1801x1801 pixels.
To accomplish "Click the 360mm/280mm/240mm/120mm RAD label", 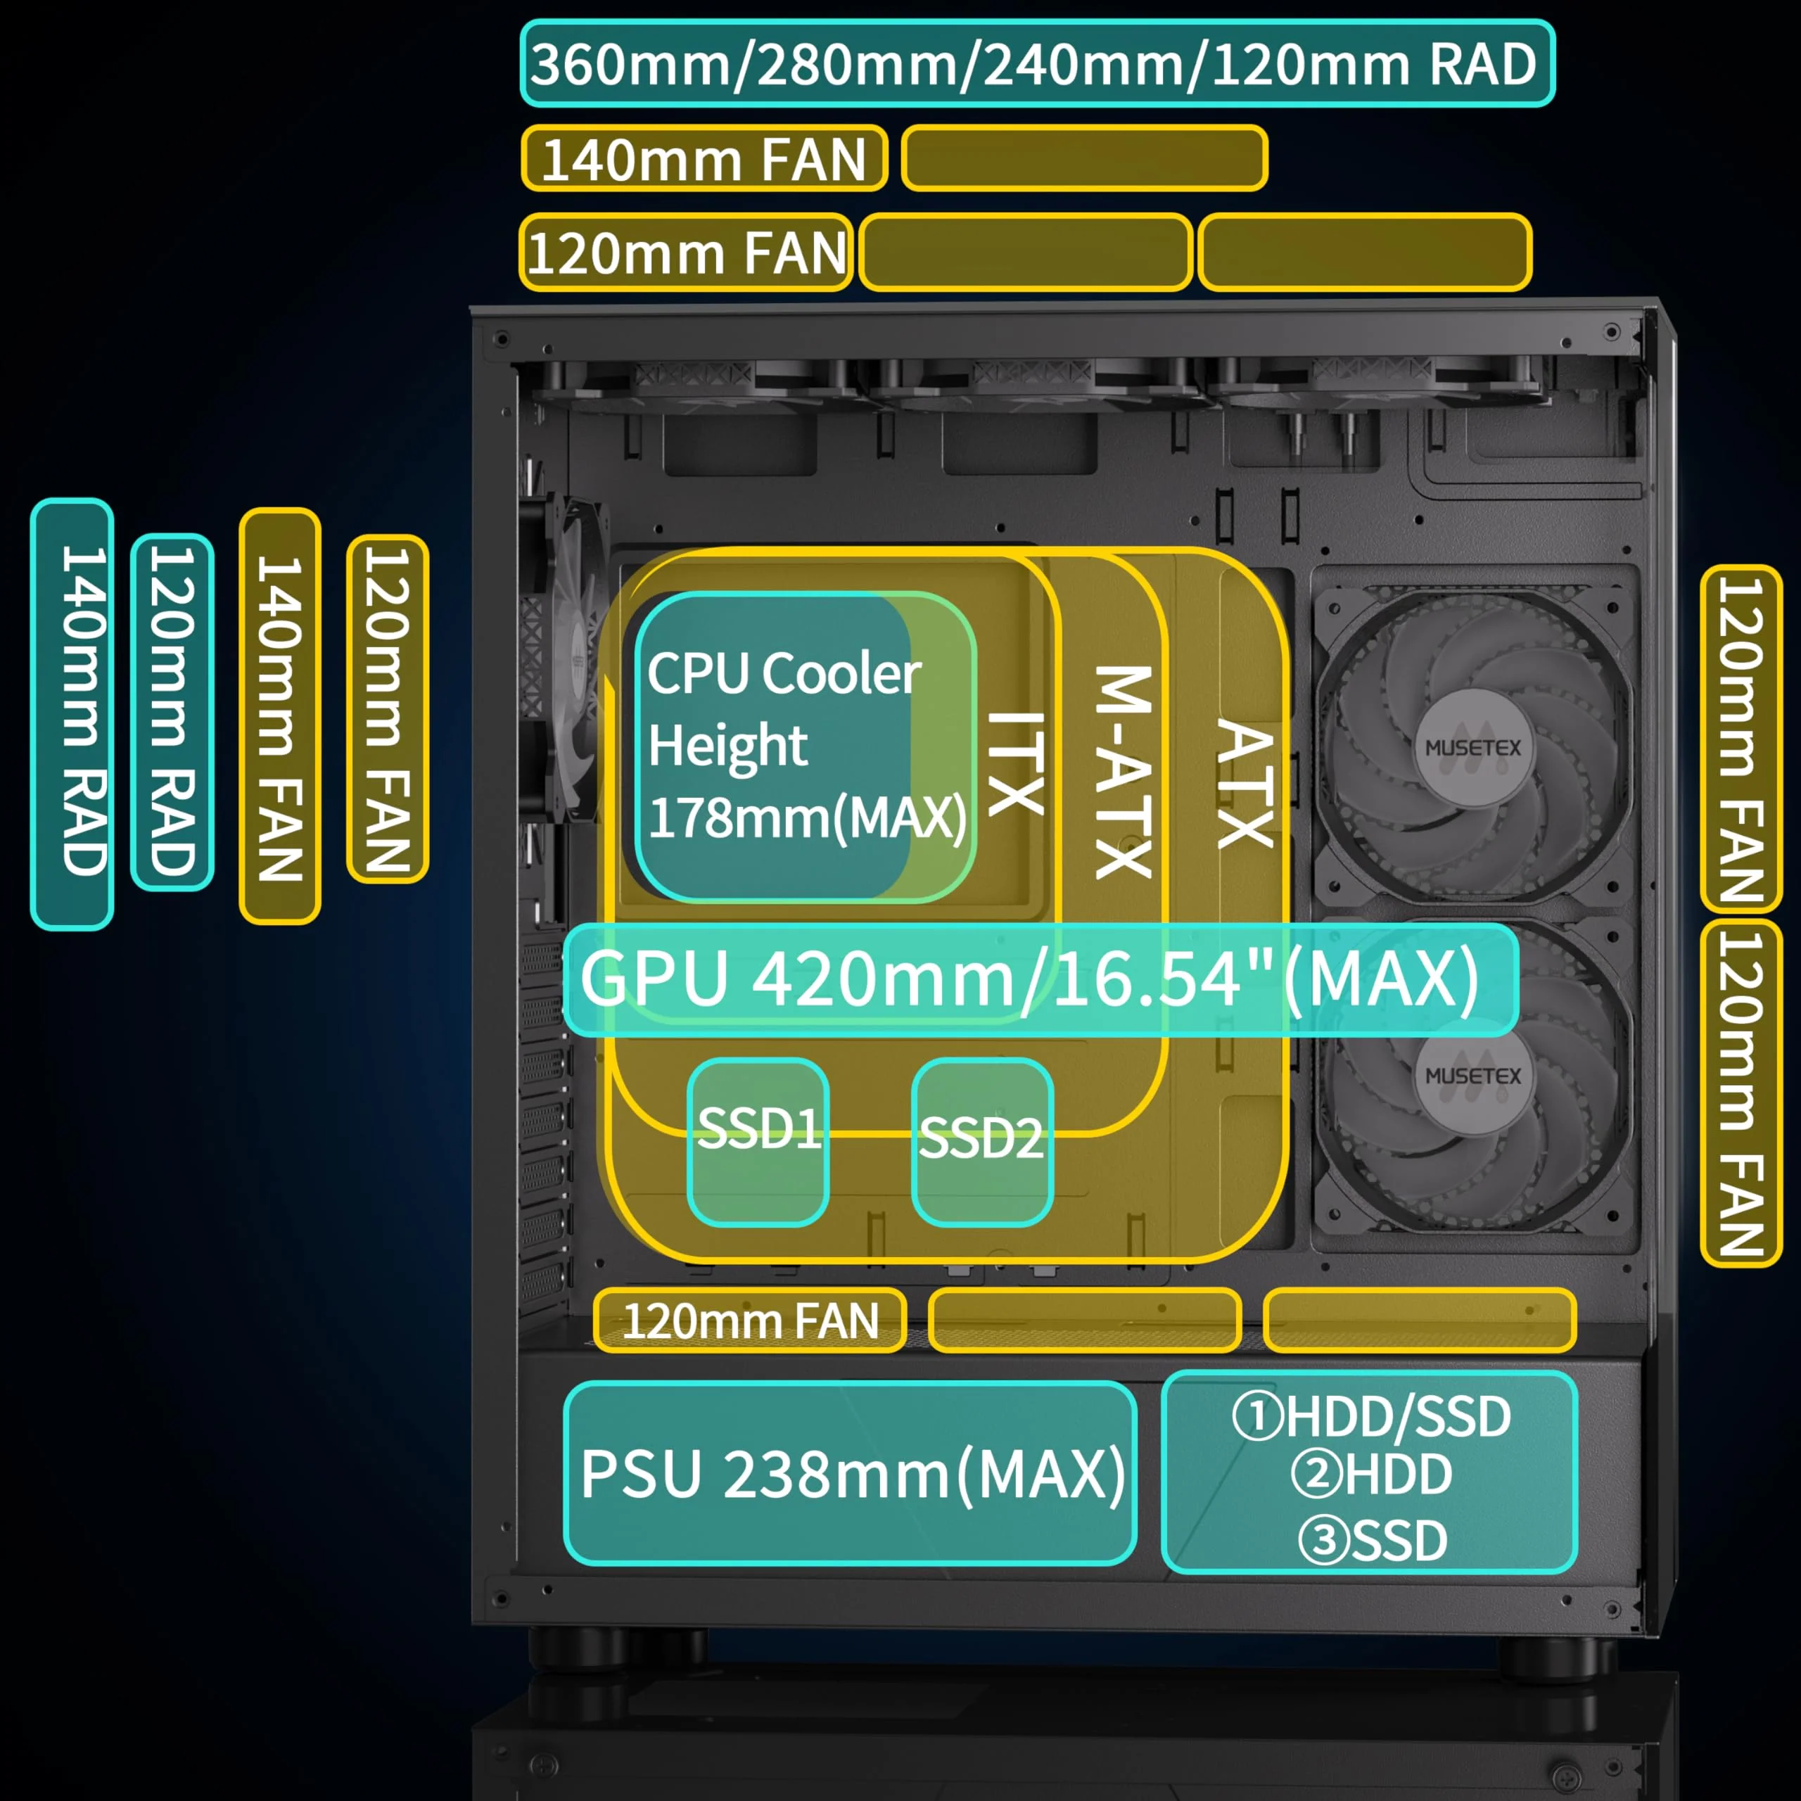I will [1036, 63].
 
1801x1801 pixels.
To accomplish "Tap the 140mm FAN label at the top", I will [704, 158].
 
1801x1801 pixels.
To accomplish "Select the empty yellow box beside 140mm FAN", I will [1084, 158].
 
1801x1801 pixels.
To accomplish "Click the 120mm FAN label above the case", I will [686, 253].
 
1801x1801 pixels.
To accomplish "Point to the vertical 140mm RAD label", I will [72, 713].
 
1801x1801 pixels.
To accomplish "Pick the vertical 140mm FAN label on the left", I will [280, 716].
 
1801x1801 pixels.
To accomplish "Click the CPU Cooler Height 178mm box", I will [805, 746].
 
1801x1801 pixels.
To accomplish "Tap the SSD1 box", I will [758, 1141].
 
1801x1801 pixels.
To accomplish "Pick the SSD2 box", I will [981, 1141].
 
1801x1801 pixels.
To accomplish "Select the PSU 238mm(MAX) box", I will [850, 1474].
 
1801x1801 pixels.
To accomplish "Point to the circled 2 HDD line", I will [1370, 1474].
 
